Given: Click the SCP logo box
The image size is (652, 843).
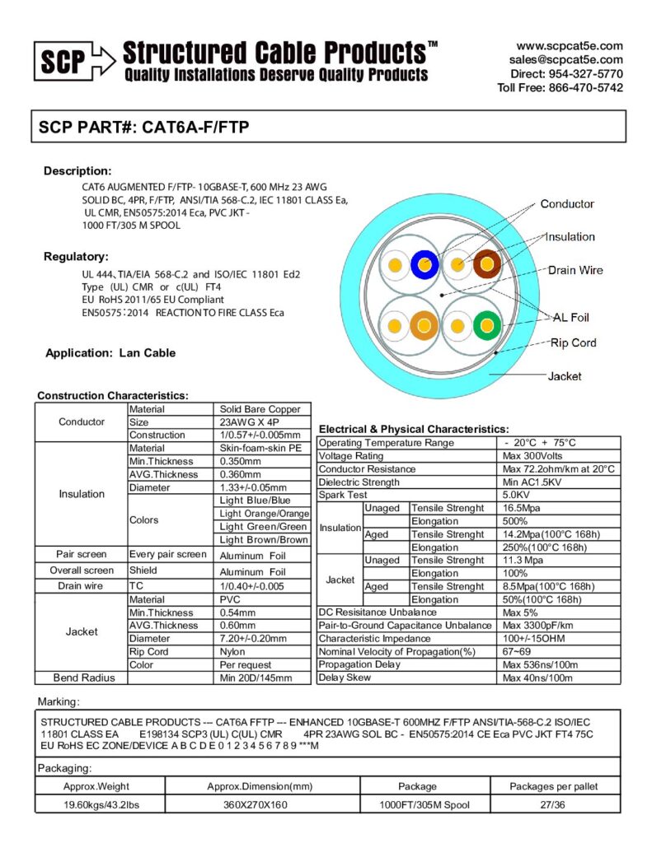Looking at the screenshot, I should [x=63, y=61].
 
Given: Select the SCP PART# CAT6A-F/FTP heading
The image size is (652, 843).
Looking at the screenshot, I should [x=144, y=128].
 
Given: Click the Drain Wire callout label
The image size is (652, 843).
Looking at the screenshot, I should [x=575, y=270].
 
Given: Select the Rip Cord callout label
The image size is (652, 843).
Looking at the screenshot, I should [x=573, y=342].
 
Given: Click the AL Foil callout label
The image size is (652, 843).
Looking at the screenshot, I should [x=570, y=317].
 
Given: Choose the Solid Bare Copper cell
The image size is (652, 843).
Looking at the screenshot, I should [x=260, y=409].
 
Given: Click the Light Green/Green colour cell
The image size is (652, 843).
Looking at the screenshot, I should [x=264, y=527].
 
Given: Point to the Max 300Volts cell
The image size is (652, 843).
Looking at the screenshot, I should [x=532, y=456].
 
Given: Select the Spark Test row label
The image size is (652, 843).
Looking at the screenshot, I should [x=343, y=496].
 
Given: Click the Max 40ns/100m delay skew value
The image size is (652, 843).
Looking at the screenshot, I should [x=537, y=678].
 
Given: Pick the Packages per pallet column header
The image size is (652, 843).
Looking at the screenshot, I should [x=553, y=786].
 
